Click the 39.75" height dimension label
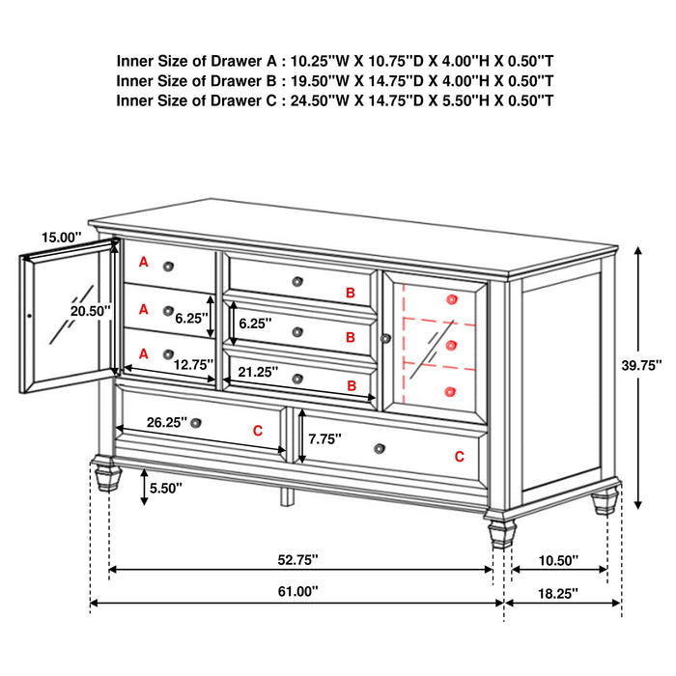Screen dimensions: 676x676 [x=640, y=365]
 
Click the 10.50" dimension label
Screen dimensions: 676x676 [x=558, y=559]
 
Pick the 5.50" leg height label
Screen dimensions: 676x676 [x=167, y=489]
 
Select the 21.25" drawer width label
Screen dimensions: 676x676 [x=258, y=371]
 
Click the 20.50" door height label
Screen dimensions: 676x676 [x=90, y=311]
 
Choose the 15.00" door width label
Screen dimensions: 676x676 [x=61, y=236]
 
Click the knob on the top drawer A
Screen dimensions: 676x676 [x=169, y=266]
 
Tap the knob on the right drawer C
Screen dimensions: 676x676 [x=380, y=446]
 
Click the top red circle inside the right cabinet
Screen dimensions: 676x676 [x=451, y=299]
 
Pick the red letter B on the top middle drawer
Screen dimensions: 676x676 [x=352, y=291]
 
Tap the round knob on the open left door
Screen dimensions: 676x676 [x=30, y=315]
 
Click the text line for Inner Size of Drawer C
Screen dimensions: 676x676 [x=335, y=100]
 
